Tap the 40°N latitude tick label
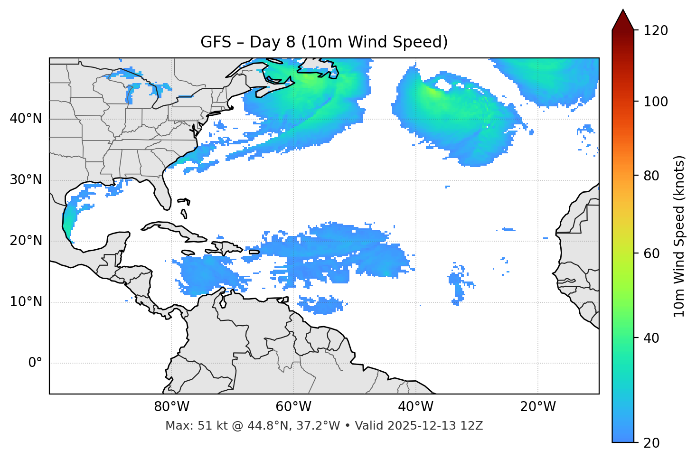(x=26, y=119)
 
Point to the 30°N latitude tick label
(x=26, y=180)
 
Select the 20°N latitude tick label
(x=26, y=241)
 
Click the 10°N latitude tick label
(x=26, y=302)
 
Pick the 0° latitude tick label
(x=35, y=363)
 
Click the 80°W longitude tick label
(x=171, y=407)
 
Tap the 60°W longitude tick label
(x=293, y=407)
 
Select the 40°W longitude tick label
(x=415, y=407)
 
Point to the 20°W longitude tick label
(x=538, y=407)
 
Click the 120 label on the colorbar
(x=656, y=31)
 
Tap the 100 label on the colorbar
(x=656, y=102)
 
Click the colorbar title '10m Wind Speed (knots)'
(x=679, y=236)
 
